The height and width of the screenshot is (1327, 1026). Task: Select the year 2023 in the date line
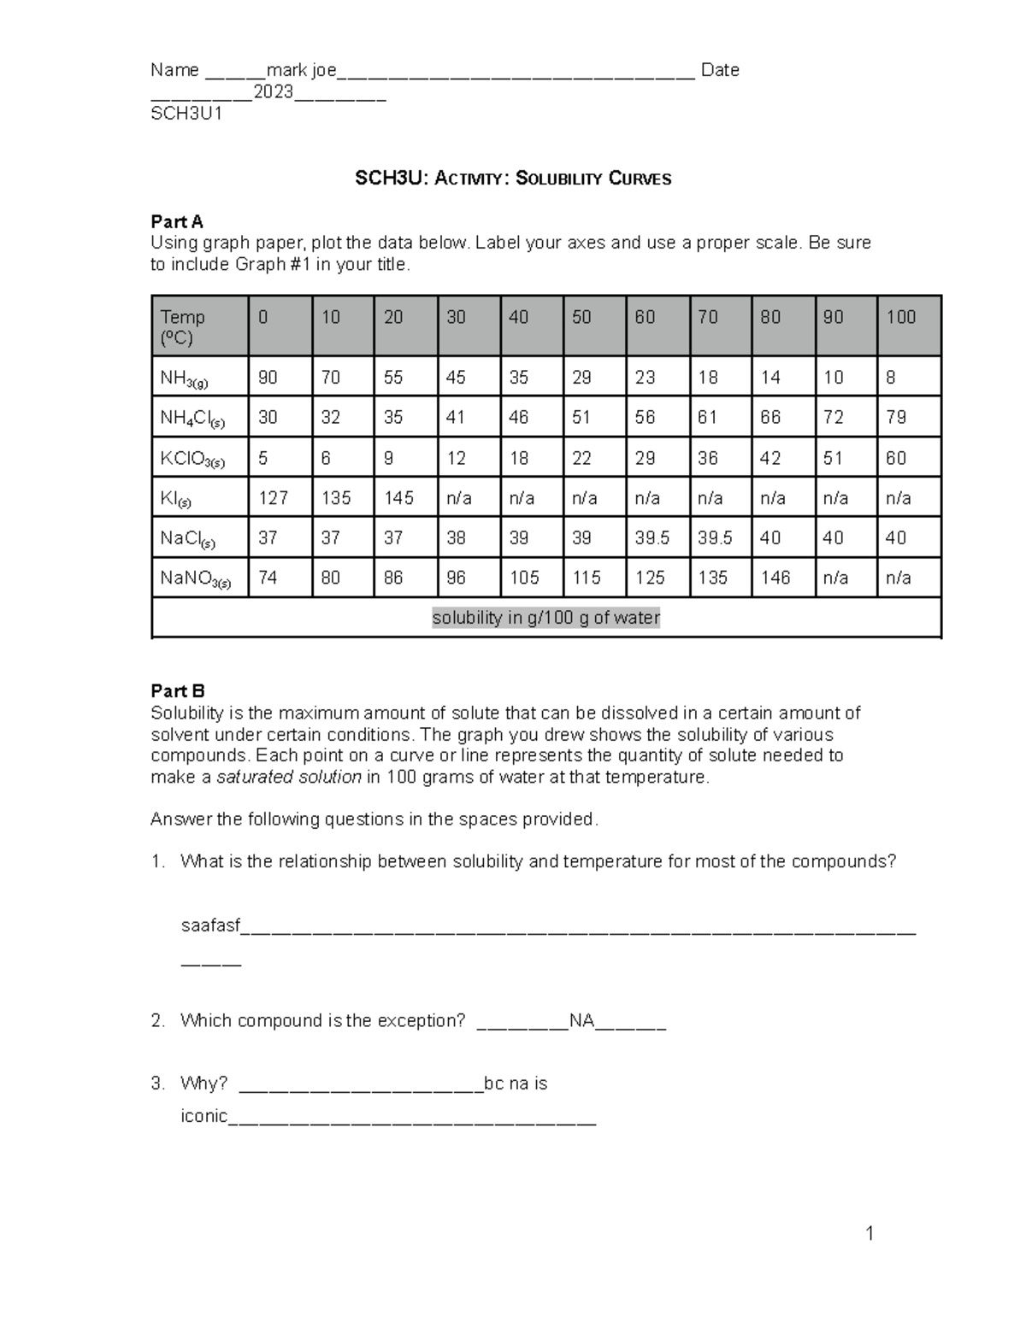[273, 92]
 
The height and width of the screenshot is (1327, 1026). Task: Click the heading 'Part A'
[177, 222]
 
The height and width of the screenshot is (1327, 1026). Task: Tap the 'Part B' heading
[178, 691]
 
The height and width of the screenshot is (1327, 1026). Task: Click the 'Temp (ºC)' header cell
[183, 327]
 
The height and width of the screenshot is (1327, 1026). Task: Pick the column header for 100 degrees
[900, 318]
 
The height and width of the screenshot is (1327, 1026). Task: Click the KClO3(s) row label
[192, 460]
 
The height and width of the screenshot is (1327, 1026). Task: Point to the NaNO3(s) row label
[195, 579]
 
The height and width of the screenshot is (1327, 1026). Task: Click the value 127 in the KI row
[274, 498]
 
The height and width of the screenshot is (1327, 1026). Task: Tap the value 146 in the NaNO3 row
[775, 578]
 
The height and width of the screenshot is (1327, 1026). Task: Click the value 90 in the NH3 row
[268, 378]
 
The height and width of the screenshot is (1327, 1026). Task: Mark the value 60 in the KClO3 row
[896, 459]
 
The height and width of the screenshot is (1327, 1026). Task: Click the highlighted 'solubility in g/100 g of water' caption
[545, 618]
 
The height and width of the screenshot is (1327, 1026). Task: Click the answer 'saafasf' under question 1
[210, 926]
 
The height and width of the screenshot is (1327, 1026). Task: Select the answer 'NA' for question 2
[581, 1021]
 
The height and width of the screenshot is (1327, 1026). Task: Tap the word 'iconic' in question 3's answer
[204, 1116]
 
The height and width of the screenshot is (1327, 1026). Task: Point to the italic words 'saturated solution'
[289, 778]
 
